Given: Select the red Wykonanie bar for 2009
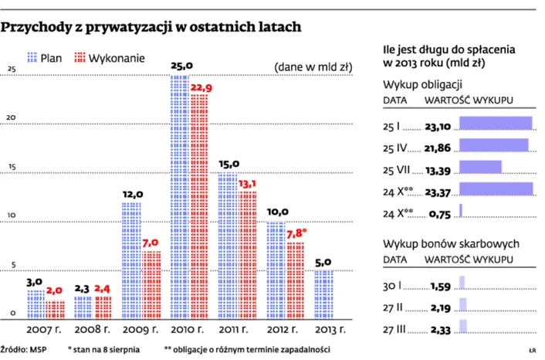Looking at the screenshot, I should (151, 284).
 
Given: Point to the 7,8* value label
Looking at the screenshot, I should (296, 233).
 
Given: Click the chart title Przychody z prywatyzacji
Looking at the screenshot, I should (151, 28).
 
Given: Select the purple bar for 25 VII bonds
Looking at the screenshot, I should (480, 167).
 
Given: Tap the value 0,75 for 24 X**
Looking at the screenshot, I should (439, 211).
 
